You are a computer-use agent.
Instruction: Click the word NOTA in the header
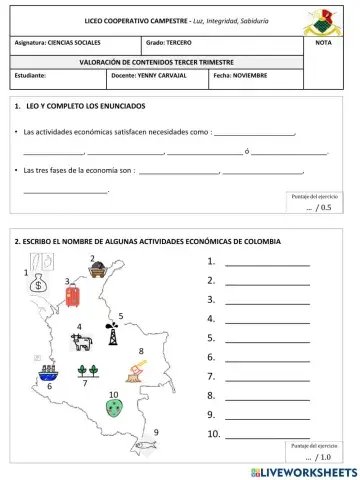(323, 44)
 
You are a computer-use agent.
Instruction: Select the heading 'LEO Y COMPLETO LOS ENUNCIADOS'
(86, 106)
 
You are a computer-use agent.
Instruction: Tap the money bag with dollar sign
(37, 283)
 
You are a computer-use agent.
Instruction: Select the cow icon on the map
(82, 341)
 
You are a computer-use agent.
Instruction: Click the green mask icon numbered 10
(115, 409)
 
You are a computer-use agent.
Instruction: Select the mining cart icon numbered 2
(98, 267)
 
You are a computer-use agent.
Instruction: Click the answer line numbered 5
(267, 338)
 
